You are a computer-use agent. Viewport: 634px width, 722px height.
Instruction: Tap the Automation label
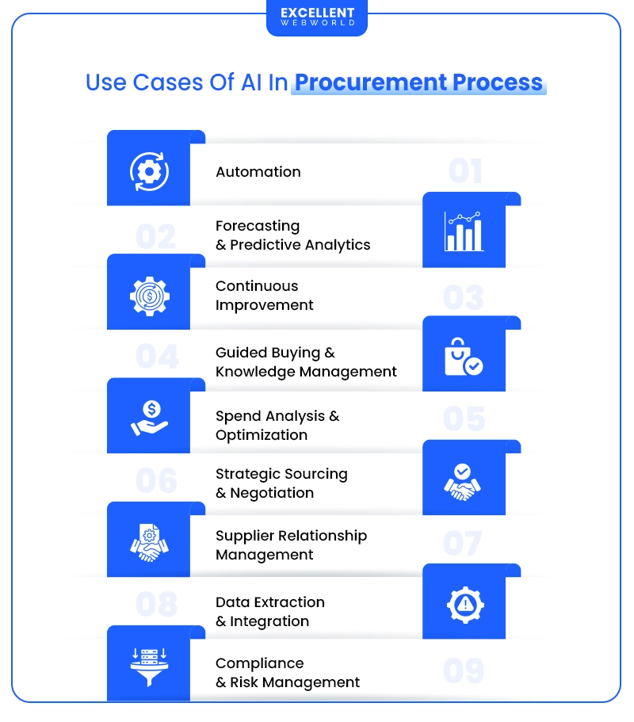(258, 172)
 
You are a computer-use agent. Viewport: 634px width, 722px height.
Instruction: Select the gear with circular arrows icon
(149, 171)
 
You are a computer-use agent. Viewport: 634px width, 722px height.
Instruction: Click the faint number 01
(465, 172)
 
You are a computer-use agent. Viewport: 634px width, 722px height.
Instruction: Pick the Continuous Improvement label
(265, 296)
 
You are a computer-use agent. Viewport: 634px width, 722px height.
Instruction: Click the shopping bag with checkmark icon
(464, 356)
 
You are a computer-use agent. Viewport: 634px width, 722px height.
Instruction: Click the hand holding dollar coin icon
(149, 418)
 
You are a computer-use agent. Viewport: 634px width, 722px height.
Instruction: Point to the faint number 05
(464, 418)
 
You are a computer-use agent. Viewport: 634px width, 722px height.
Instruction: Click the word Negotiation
(272, 493)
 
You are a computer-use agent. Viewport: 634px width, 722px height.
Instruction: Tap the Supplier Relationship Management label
(291, 545)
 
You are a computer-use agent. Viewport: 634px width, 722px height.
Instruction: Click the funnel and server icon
(149, 667)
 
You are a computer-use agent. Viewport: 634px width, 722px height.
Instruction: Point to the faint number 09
(464, 670)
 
